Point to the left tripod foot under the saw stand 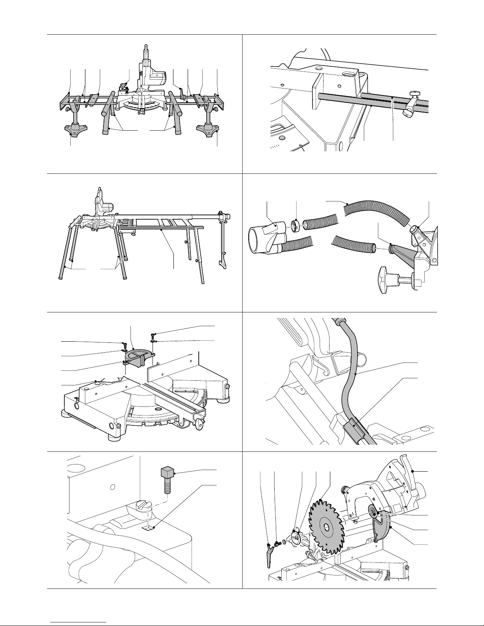click(74, 129)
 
